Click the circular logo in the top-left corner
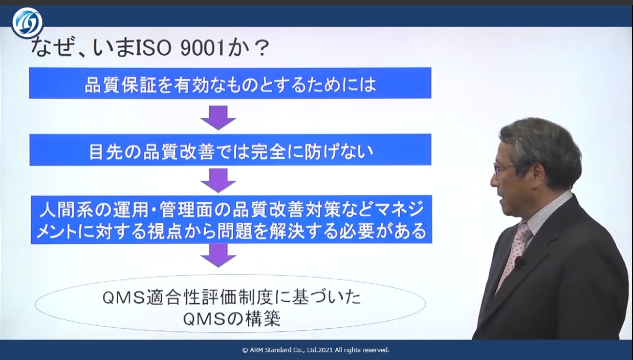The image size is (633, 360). [28, 23]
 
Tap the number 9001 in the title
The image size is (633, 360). [202, 48]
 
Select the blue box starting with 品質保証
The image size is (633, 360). [230, 83]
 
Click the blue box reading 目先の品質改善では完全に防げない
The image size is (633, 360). [230, 150]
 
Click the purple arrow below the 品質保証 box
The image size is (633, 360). [218, 118]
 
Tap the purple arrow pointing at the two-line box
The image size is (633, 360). [218, 180]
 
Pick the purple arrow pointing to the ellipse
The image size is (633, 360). [218, 256]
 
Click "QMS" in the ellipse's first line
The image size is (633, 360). [123, 298]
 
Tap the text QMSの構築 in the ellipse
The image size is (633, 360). [231, 319]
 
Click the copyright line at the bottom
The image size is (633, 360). [316, 350]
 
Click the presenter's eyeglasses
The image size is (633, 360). [505, 167]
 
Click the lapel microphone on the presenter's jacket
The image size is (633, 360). [519, 262]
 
